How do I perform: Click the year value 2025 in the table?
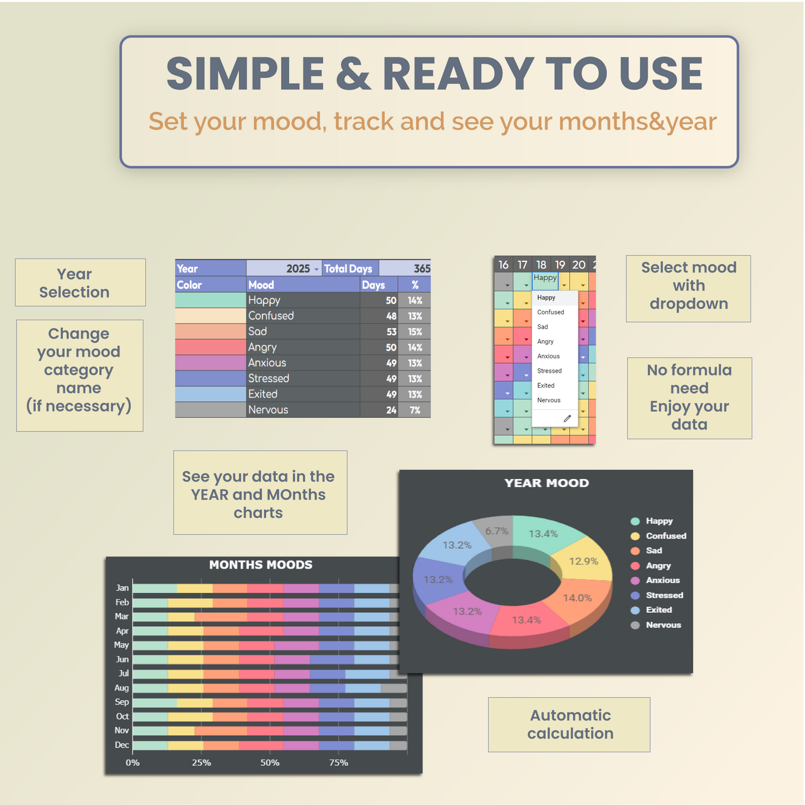(x=297, y=268)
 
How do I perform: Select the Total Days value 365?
(x=422, y=268)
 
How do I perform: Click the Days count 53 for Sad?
(x=391, y=331)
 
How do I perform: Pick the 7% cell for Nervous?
(x=414, y=410)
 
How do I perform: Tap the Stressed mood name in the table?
(x=268, y=378)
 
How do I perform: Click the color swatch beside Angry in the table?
(x=211, y=347)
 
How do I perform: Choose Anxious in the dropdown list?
(x=548, y=356)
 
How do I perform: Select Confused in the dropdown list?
(x=550, y=312)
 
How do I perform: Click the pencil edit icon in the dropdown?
(x=567, y=418)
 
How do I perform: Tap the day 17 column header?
(x=522, y=265)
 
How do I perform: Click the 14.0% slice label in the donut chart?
(x=577, y=598)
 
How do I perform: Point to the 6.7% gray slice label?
(x=496, y=531)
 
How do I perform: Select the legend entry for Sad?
(x=646, y=550)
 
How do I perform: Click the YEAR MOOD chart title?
(x=547, y=483)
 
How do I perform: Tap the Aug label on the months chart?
(x=121, y=687)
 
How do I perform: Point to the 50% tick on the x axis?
(x=270, y=763)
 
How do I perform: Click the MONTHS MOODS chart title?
(x=261, y=565)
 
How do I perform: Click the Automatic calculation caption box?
(x=569, y=724)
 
